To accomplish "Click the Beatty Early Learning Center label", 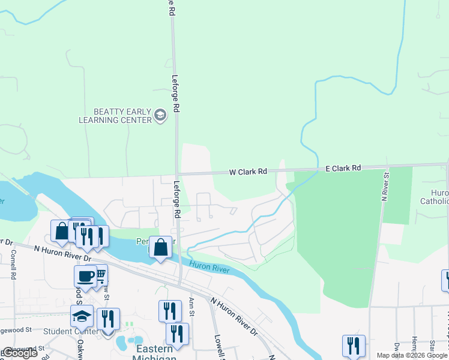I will (x=115, y=116).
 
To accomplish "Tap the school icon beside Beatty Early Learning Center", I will (x=160, y=115).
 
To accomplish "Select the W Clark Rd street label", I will (x=248, y=172).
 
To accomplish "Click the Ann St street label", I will (x=191, y=306).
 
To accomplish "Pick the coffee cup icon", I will (x=85, y=277).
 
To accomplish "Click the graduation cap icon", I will (x=82, y=316).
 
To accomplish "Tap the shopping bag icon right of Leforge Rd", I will (x=161, y=247).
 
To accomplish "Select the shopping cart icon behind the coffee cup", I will (x=100, y=274).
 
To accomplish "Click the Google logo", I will (x=20, y=353).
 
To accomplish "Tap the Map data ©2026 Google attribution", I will (x=411, y=355).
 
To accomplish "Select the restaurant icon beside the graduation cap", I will (x=108, y=319).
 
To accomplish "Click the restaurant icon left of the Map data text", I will (x=354, y=346).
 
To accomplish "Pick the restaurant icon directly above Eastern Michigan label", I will (x=177, y=334).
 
